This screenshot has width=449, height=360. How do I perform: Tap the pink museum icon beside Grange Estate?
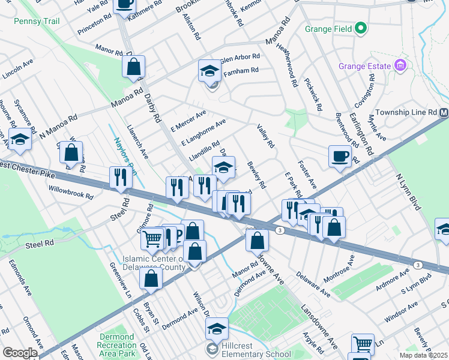pyautogui.click(x=400, y=65)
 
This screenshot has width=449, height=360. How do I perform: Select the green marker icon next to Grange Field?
pyautogui.click(x=360, y=28)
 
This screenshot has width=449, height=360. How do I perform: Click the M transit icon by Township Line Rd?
pyautogui.click(x=444, y=113)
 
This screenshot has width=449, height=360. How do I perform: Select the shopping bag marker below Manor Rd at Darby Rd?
pyautogui.click(x=133, y=66)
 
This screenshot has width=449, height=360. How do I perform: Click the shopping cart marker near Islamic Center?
pyautogui.click(x=152, y=238)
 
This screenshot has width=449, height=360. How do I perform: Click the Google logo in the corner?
pyautogui.click(x=19, y=353)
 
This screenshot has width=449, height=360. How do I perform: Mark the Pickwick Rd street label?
pyautogui.click(x=313, y=94)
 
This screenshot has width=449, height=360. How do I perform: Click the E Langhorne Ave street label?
pyautogui.click(x=203, y=131)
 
